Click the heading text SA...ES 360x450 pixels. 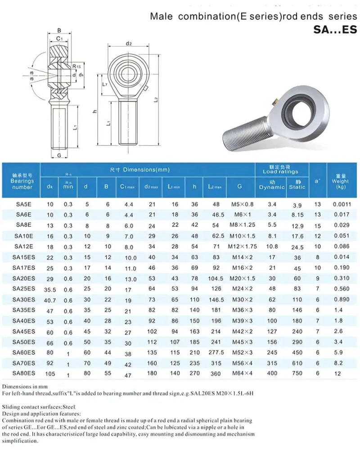[335, 30]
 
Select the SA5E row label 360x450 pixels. [22, 204]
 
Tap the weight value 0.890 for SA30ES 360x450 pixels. [341, 299]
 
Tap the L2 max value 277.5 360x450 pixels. [216, 352]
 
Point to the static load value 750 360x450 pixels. [297, 373]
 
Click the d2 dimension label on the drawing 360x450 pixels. [129, 44]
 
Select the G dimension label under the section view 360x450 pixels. [59, 155]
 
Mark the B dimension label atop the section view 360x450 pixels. [59, 31]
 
